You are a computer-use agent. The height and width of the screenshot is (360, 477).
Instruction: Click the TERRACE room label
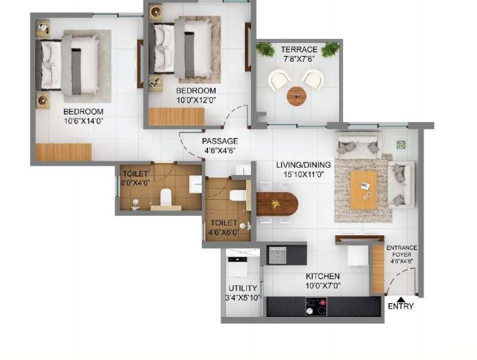tap(299, 49)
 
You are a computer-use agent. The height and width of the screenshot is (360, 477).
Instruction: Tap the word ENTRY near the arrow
tap(401, 306)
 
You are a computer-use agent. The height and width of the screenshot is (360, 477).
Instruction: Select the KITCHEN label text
tap(323, 276)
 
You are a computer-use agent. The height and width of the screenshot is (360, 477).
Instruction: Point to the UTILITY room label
tap(243, 288)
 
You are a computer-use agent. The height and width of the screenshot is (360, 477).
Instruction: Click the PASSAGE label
tap(220, 142)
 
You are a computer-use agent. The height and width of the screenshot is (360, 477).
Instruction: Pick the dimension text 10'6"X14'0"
tap(84, 121)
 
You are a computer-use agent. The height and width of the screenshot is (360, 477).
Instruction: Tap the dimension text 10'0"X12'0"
tap(196, 100)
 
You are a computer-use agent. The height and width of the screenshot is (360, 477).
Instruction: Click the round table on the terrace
tap(296, 96)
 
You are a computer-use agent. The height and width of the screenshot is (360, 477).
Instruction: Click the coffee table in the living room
tap(363, 189)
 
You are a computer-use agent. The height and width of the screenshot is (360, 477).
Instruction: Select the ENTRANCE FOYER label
tap(401, 252)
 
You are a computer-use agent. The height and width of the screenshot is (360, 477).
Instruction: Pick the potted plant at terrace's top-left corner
tap(265, 49)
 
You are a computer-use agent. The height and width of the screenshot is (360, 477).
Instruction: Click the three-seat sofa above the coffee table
tap(358, 144)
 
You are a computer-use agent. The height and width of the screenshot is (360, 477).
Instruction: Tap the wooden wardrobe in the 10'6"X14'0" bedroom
tap(64, 152)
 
